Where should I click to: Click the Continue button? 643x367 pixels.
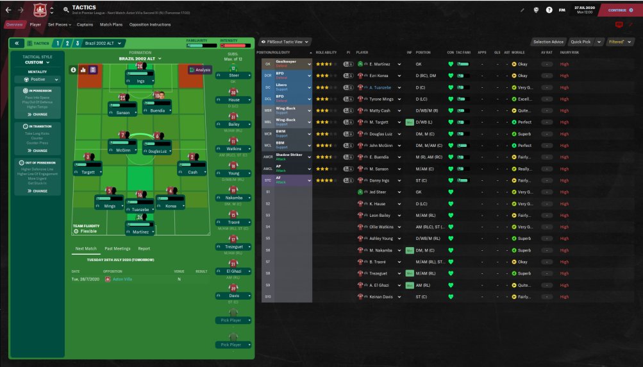click(618, 10)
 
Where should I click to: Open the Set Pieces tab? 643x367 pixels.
click(59, 25)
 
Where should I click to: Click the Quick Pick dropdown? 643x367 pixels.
click(585, 42)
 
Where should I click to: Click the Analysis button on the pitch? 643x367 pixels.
click(200, 69)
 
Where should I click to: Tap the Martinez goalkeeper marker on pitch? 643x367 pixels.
click(140, 228)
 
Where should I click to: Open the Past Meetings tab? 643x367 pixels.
click(117, 248)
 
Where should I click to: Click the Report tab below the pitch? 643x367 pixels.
click(144, 248)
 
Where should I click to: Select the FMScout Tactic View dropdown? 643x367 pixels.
click(286, 42)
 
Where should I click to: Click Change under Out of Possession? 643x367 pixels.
click(40, 191)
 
